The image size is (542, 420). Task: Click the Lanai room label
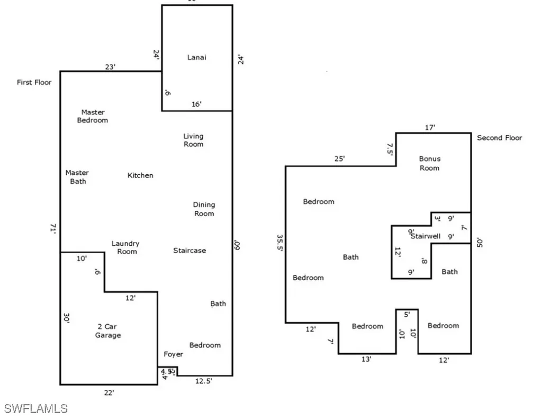point(196,57)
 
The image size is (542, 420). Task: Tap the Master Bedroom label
point(93,116)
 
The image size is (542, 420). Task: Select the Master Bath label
point(77,177)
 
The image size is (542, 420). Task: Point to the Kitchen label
point(140,175)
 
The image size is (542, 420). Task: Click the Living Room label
point(193,140)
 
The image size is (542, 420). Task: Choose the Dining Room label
point(204,209)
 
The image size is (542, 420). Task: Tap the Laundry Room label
point(125,247)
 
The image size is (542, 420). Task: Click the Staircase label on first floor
point(189,251)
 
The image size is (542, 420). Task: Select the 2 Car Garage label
point(108,331)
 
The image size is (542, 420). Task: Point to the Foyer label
point(173,354)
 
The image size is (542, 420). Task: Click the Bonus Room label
point(429,163)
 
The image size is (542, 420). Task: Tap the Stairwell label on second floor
point(426,236)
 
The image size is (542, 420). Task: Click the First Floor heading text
point(34,83)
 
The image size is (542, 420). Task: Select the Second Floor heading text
point(499,138)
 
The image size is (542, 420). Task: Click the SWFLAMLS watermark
point(36,408)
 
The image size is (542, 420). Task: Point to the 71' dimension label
point(53,228)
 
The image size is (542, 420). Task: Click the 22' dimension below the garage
point(109,392)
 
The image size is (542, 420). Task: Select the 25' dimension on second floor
point(339,158)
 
